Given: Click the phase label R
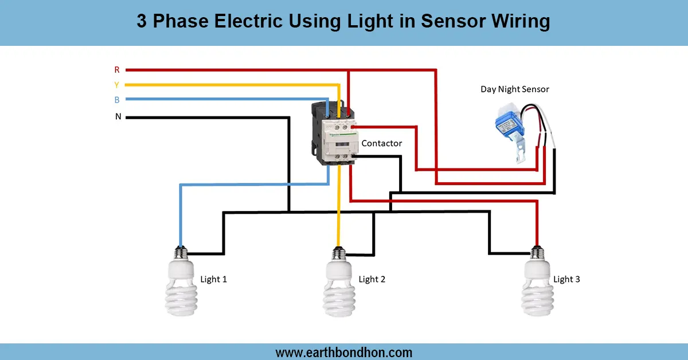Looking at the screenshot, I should pyautogui.click(x=117, y=70).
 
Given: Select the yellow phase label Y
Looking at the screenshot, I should pyautogui.click(x=117, y=85).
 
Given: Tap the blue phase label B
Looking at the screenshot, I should pyautogui.click(x=117, y=100).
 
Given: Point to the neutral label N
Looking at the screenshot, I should pyautogui.click(x=118, y=117).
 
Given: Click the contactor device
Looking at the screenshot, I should pyautogui.click(x=334, y=132).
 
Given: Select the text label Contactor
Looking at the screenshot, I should pyautogui.click(x=381, y=143).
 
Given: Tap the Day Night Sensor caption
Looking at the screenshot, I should pyautogui.click(x=514, y=89).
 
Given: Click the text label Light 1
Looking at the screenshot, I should pyautogui.click(x=214, y=279).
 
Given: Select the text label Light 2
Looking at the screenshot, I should pyautogui.click(x=372, y=279).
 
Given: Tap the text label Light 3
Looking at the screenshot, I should pyautogui.click(x=566, y=279).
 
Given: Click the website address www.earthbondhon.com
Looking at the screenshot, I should pyautogui.click(x=344, y=352).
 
